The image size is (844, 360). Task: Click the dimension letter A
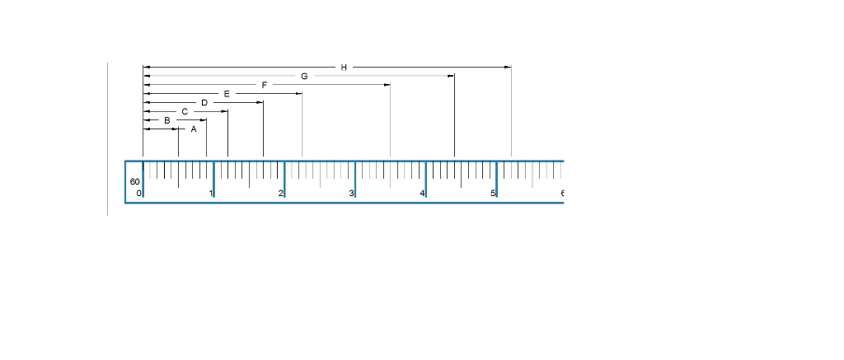tap(194, 129)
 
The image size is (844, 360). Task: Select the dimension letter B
tap(167, 120)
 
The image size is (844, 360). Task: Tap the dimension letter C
tap(185, 111)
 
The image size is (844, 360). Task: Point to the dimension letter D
tap(204, 102)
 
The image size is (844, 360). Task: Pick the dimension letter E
tap(227, 94)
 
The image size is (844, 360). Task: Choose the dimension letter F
tap(265, 85)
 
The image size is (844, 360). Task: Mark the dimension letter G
tap(304, 76)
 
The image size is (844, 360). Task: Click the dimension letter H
tap(344, 67)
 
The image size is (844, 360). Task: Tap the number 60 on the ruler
tap(134, 181)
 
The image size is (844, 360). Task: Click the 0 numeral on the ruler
tap(138, 194)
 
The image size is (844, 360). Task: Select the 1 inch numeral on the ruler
tap(210, 194)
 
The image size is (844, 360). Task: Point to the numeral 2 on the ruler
tap(280, 194)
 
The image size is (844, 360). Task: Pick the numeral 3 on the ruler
tap(351, 194)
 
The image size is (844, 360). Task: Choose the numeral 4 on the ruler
tap(422, 194)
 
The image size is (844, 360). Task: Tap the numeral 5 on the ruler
tap(493, 194)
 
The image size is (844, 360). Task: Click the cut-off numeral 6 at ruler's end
tap(562, 194)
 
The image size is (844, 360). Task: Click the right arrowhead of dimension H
tap(508, 67)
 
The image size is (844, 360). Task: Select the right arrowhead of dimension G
tap(451, 76)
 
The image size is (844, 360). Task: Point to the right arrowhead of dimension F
tap(387, 85)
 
